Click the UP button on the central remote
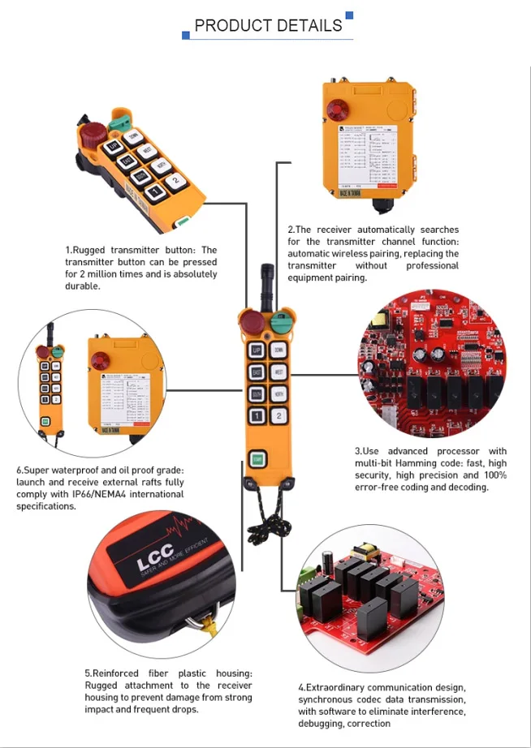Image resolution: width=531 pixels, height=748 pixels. pos(256,350)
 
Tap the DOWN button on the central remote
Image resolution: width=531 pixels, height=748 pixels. pos(278,350)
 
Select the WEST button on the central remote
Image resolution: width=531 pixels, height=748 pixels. pos(278,373)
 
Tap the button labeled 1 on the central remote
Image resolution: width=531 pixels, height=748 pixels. pos(256,416)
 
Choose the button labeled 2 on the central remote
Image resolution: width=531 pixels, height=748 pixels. pos(278,416)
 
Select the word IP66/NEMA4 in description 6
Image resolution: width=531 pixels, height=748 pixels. pos(155,494)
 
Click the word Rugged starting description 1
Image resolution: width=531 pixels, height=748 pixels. pos(92,251)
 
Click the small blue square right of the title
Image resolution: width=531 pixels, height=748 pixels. pos(349,15)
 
